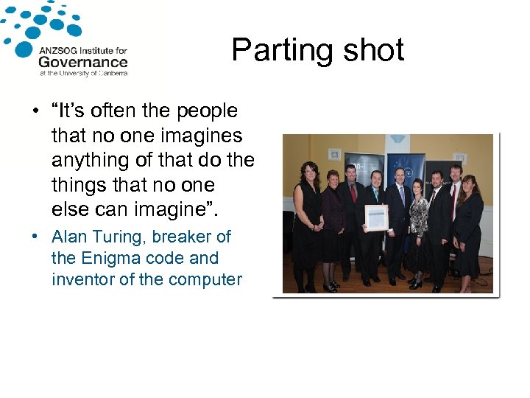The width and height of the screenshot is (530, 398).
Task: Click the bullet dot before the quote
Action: pos(35,112)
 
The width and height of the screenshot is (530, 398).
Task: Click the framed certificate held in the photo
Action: pos(376,217)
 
